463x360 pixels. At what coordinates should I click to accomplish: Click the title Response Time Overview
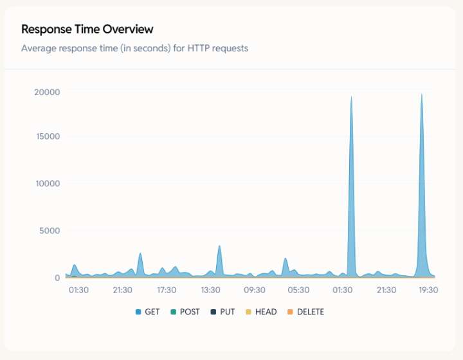coord(87,29)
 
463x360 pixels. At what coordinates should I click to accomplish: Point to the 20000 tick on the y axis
coord(47,92)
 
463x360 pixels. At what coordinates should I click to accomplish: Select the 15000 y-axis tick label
coord(47,136)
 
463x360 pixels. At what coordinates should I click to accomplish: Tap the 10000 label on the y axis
coord(47,183)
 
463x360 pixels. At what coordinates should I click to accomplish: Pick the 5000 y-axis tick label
coord(50,231)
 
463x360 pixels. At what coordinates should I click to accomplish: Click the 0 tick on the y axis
coord(57,278)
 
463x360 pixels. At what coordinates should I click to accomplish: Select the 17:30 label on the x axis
coord(167,290)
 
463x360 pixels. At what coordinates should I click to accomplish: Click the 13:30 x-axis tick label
coord(211,290)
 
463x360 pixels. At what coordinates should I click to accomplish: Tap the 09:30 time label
coord(255,290)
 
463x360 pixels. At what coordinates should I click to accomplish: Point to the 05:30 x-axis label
coord(298,290)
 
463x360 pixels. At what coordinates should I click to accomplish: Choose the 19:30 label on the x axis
coord(428,290)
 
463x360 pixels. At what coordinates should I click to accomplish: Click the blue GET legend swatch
coord(138,312)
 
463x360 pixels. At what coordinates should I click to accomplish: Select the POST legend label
coord(189,312)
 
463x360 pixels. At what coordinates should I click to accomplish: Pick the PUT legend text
coord(228,312)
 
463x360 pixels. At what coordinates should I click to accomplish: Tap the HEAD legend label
coord(266,312)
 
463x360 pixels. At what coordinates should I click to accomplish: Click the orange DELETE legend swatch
coord(290,312)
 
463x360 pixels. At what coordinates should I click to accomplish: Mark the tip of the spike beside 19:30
coord(422,94)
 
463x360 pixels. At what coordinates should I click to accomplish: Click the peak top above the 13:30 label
coord(219,246)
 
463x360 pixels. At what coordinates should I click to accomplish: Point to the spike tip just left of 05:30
coord(286,258)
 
